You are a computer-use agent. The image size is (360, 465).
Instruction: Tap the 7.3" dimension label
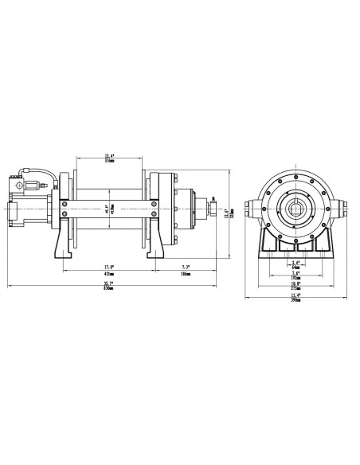186,268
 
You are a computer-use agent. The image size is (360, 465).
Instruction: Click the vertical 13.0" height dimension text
227,212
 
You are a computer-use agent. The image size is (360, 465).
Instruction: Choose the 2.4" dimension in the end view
295,264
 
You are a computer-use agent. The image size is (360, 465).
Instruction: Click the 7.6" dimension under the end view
295,274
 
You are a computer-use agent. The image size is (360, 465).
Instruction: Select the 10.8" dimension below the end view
295,283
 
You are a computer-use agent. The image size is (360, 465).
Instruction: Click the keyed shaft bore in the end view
296,209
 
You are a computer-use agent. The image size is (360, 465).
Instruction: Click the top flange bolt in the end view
296,177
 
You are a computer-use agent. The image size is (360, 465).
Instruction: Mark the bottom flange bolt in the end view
296,240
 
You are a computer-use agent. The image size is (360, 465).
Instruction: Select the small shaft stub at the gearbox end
213,209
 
